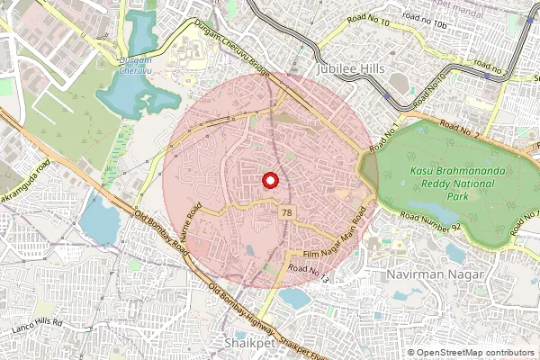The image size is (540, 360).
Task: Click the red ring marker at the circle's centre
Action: tap(269, 180)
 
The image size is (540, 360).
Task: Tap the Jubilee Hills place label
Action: tap(349, 68)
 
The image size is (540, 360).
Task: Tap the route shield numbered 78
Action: tap(287, 212)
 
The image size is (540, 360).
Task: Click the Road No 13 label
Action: tap(310, 272)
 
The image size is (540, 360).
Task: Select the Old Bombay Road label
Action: tap(161, 232)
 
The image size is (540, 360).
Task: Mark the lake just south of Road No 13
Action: tap(296, 296)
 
